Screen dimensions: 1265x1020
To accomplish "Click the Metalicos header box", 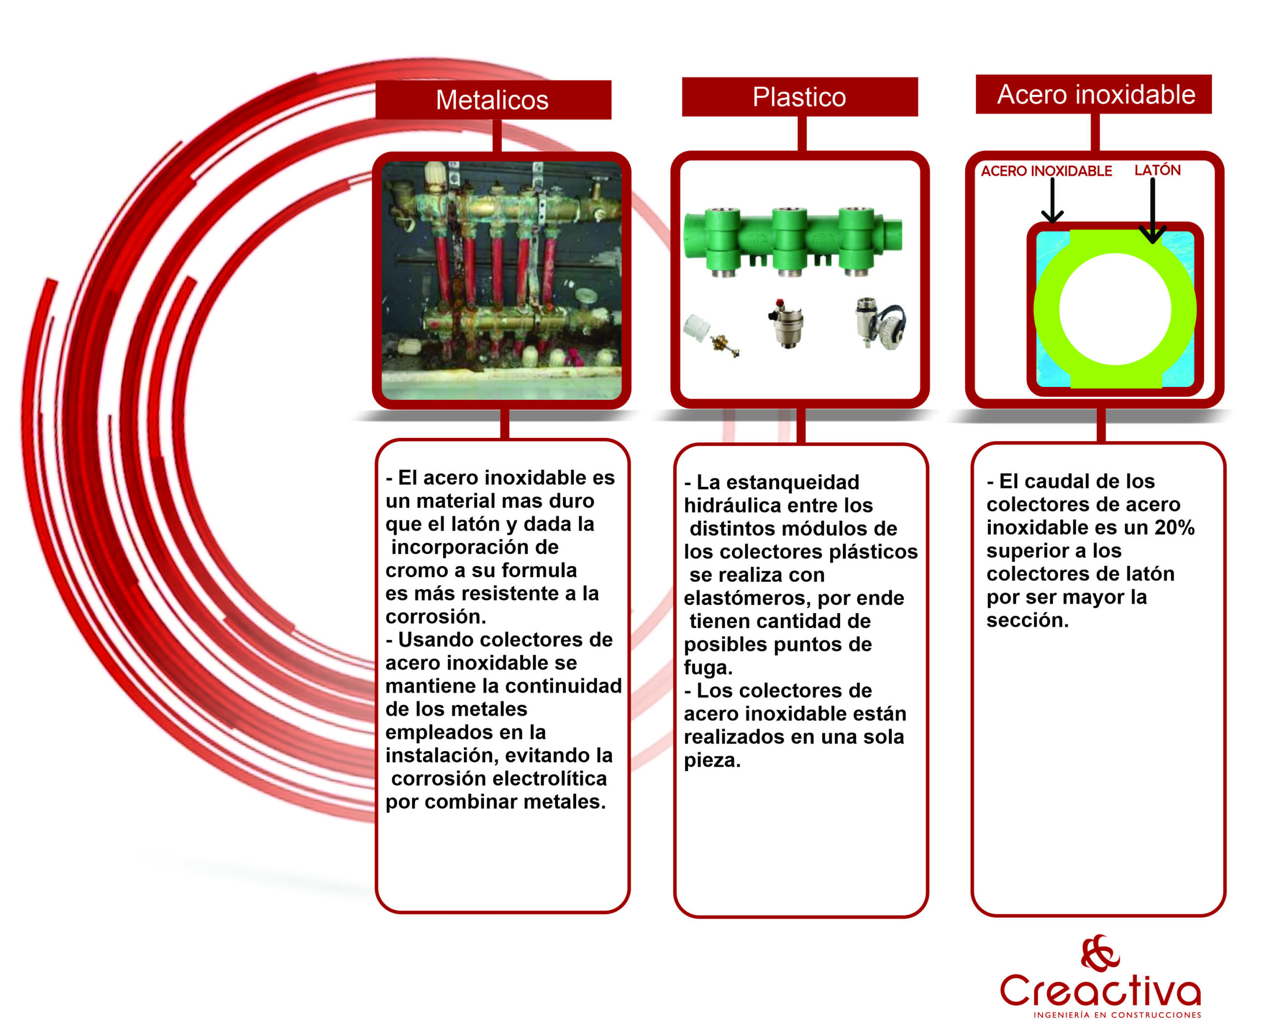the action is point(493,99).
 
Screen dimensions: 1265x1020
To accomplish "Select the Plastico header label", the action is point(799,97).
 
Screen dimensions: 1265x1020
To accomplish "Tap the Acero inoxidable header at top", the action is point(1094,94).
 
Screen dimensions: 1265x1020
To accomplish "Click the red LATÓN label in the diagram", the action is point(1157,170).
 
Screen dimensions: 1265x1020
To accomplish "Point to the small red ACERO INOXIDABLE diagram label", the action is point(1047,171).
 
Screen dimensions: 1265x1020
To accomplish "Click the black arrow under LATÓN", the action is point(1153,211).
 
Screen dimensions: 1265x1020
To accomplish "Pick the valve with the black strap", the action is point(880,323).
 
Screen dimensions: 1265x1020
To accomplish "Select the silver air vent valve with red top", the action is point(786,323).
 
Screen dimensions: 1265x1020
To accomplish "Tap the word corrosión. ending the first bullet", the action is point(436,616).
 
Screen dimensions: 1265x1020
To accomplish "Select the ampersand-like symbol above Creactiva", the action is point(1100,952).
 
